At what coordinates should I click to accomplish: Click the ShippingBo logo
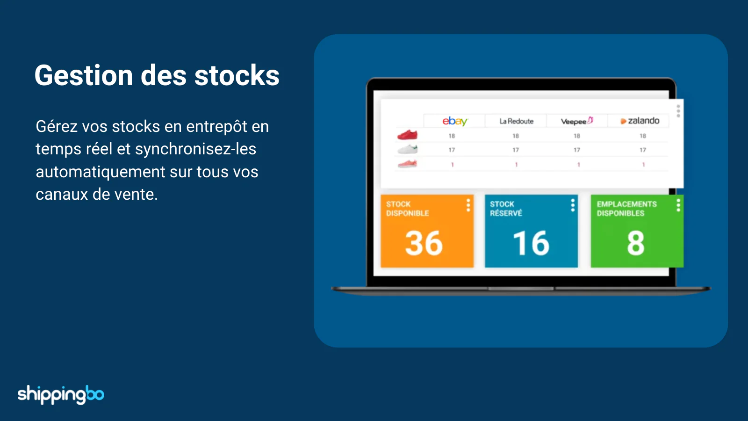click(x=61, y=395)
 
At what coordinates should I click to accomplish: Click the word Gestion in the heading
click(x=84, y=75)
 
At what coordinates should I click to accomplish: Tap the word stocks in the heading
click(x=237, y=75)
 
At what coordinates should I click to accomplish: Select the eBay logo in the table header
click(x=455, y=121)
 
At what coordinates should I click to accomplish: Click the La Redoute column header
click(x=516, y=121)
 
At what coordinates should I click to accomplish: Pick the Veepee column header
click(x=577, y=121)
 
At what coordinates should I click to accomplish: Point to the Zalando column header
click(x=640, y=121)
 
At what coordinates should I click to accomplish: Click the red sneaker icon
click(x=407, y=135)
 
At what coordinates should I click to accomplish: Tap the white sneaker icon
click(x=407, y=149)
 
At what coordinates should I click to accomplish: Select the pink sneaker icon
click(x=407, y=164)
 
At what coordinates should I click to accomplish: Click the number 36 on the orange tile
click(x=424, y=243)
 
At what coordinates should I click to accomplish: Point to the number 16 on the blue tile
click(x=531, y=243)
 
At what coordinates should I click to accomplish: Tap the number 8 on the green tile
click(x=636, y=243)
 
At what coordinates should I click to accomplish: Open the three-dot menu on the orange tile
click(x=468, y=205)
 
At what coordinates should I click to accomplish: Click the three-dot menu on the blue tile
click(x=573, y=205)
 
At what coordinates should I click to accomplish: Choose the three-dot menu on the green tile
click(x=678, y=205)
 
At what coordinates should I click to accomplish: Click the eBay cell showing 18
click(x=452, y=136)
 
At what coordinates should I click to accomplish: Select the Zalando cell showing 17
click(x=643, y=150)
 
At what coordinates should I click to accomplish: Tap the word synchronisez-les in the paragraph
click(x=195, y=149)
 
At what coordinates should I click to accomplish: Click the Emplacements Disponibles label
click(x=627, y=209)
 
